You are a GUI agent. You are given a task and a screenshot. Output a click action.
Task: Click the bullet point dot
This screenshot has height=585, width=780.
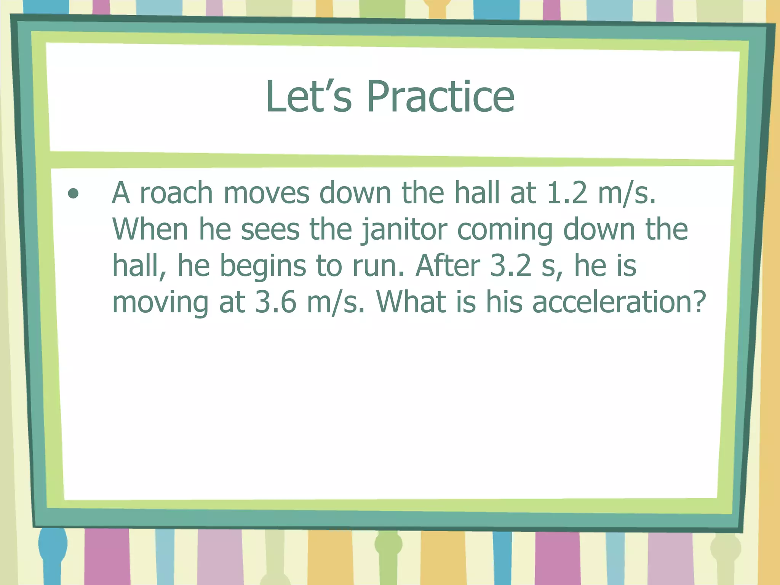coord(73,194)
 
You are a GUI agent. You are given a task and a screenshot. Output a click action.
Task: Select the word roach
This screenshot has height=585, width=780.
coord(176,193)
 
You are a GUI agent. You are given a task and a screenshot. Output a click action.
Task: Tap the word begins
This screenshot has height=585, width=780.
coord(263,267)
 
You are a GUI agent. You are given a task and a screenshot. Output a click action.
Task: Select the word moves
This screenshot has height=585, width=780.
coord(266,193)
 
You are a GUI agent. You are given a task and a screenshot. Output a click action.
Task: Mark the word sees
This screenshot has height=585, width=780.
coord(270,230)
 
